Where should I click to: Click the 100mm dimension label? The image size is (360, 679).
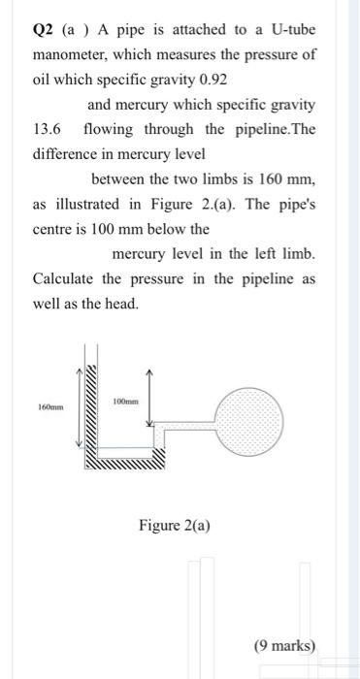(126, 401)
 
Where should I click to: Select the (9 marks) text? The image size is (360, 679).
(284, 645)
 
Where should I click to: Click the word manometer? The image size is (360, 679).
(72, 54)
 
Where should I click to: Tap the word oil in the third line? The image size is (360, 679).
(42, 81)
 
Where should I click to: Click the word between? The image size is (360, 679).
(120, 179)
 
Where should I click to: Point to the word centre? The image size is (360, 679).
(56, 230)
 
